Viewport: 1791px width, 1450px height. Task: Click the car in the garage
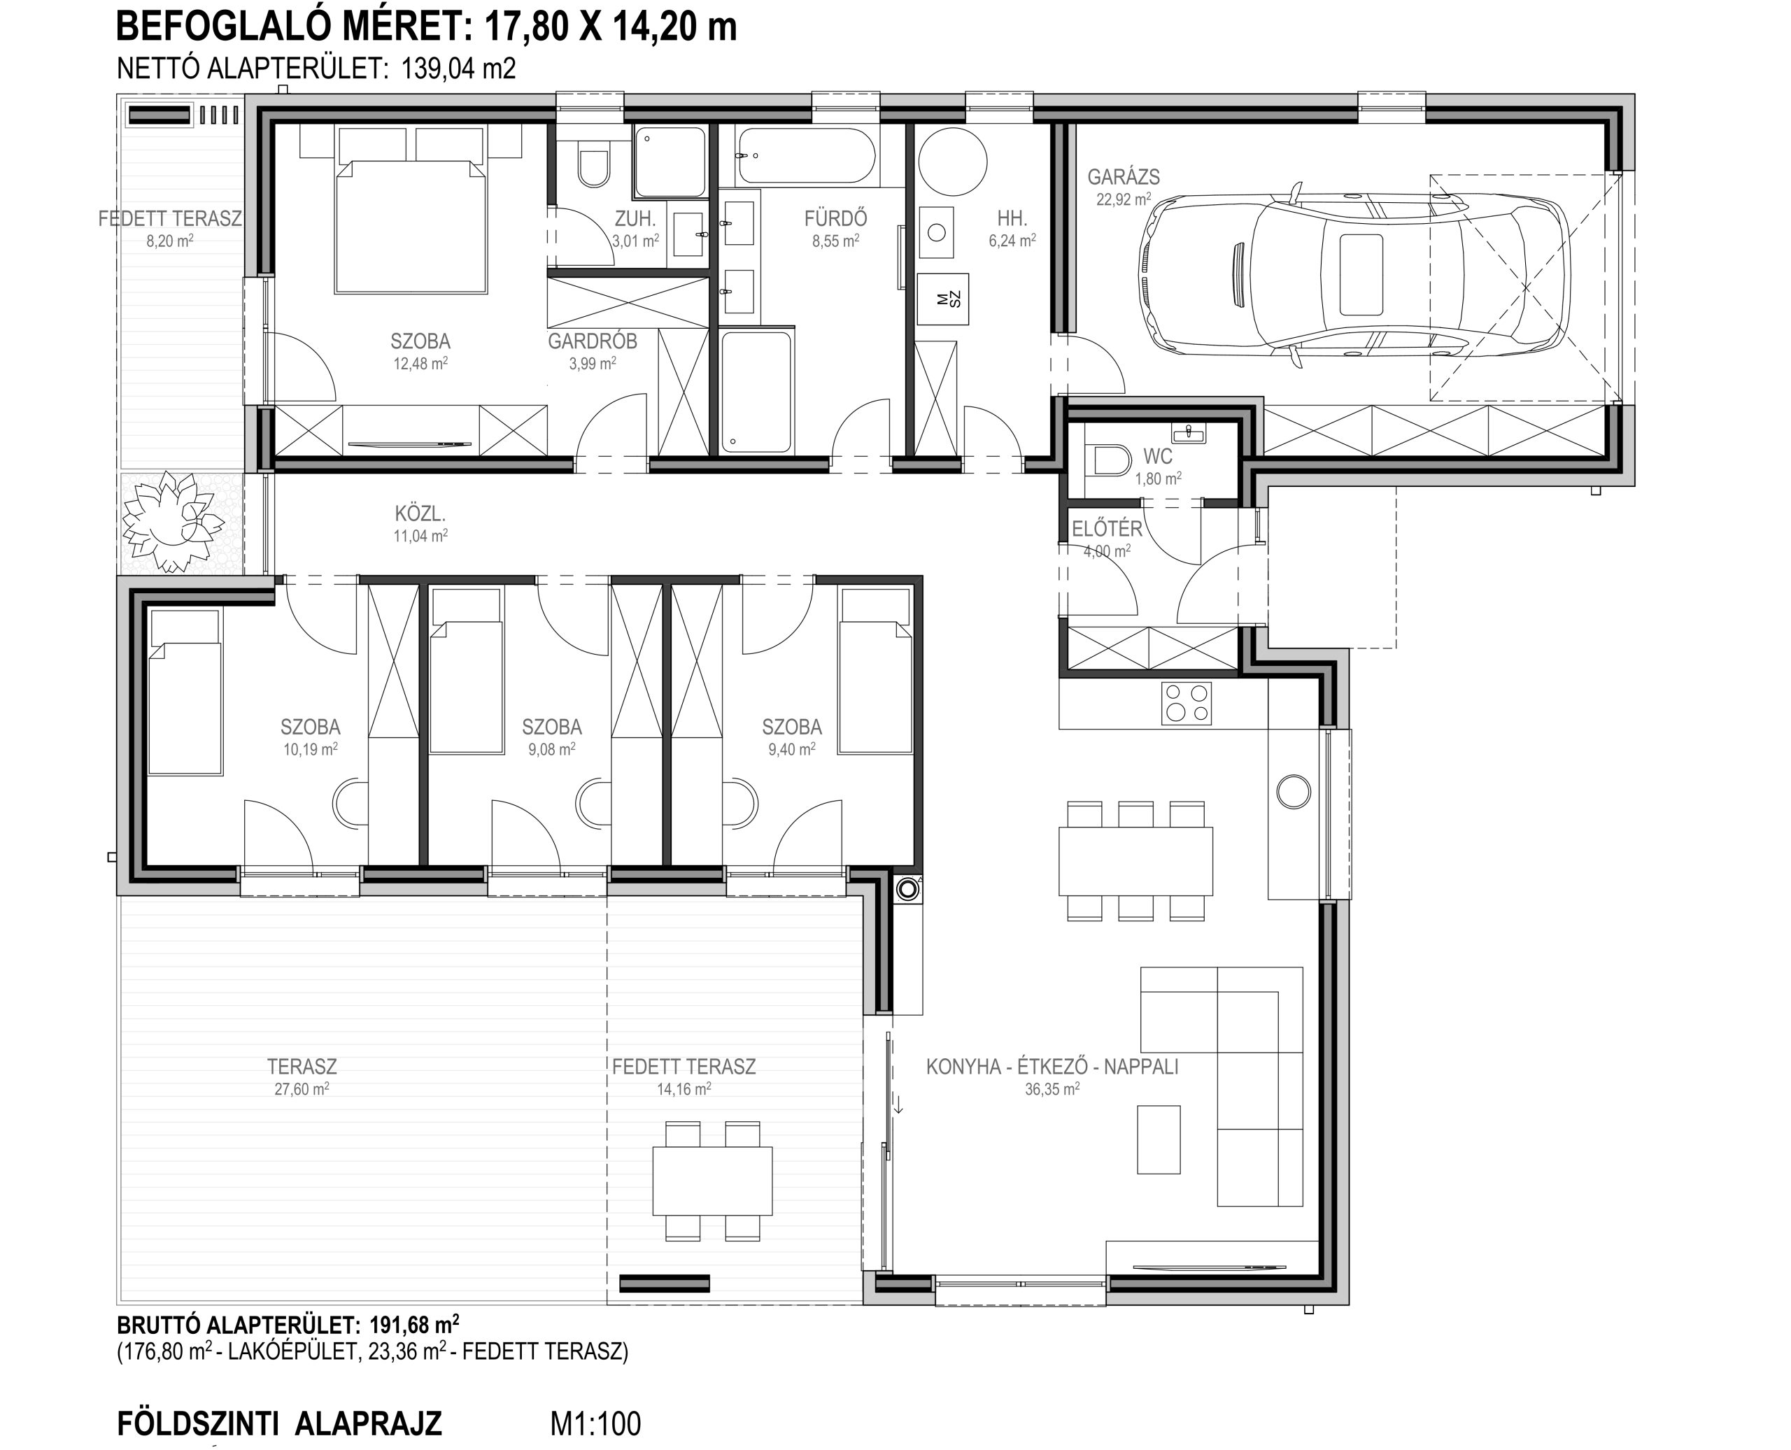tap(1353, 274)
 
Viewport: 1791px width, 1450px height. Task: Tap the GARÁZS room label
tap(1123, 177)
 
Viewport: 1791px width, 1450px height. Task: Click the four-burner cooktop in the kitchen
tap(1187, 702)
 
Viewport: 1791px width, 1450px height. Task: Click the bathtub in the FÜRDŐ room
tap(806, 157)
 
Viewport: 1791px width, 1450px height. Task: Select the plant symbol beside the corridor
tap(173, 522)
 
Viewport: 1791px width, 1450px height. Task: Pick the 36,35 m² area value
tap(1052, 1089)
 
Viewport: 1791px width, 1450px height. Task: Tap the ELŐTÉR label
tap(1107, 529)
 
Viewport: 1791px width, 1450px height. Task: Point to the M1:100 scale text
tap(595, 1423)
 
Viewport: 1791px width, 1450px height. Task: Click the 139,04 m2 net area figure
tap(459, 68)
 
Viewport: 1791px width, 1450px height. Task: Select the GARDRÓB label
tap(593, 341)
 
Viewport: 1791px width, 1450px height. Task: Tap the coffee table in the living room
tap(1159, 1139)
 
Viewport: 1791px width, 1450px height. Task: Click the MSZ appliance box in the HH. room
tap(943, 299)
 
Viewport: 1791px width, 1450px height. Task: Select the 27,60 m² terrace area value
tap(302, 1089)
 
